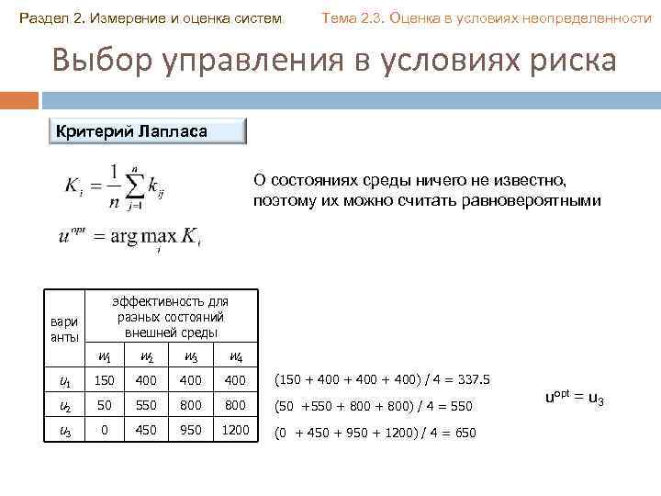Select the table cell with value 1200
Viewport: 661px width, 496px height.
click(x=235, y=429)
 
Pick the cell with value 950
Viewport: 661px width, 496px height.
click(x=192, y=429)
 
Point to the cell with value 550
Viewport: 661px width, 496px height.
click(x=148, y=404)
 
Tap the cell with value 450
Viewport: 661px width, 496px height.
click(x=148, y=429)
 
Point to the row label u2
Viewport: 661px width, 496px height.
click(x=64, y=405)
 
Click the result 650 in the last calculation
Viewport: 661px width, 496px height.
click(x=462, y=432)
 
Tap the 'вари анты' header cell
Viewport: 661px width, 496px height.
click(x=64, y=329)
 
